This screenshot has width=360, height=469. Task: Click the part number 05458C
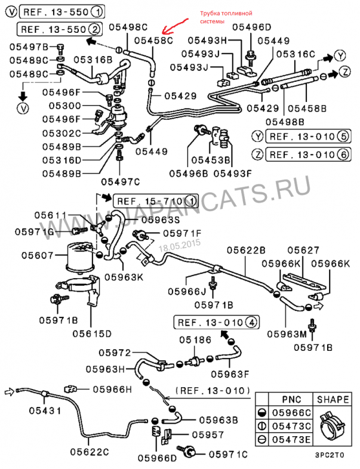point(152,40)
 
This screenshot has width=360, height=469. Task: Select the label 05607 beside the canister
point(38,255)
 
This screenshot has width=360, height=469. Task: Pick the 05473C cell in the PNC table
point(293,427)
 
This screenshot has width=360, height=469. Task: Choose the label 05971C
point(227,455)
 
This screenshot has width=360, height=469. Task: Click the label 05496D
point(251,27)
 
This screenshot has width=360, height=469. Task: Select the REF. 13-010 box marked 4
point(217,323)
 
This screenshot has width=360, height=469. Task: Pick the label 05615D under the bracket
point(93,332)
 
